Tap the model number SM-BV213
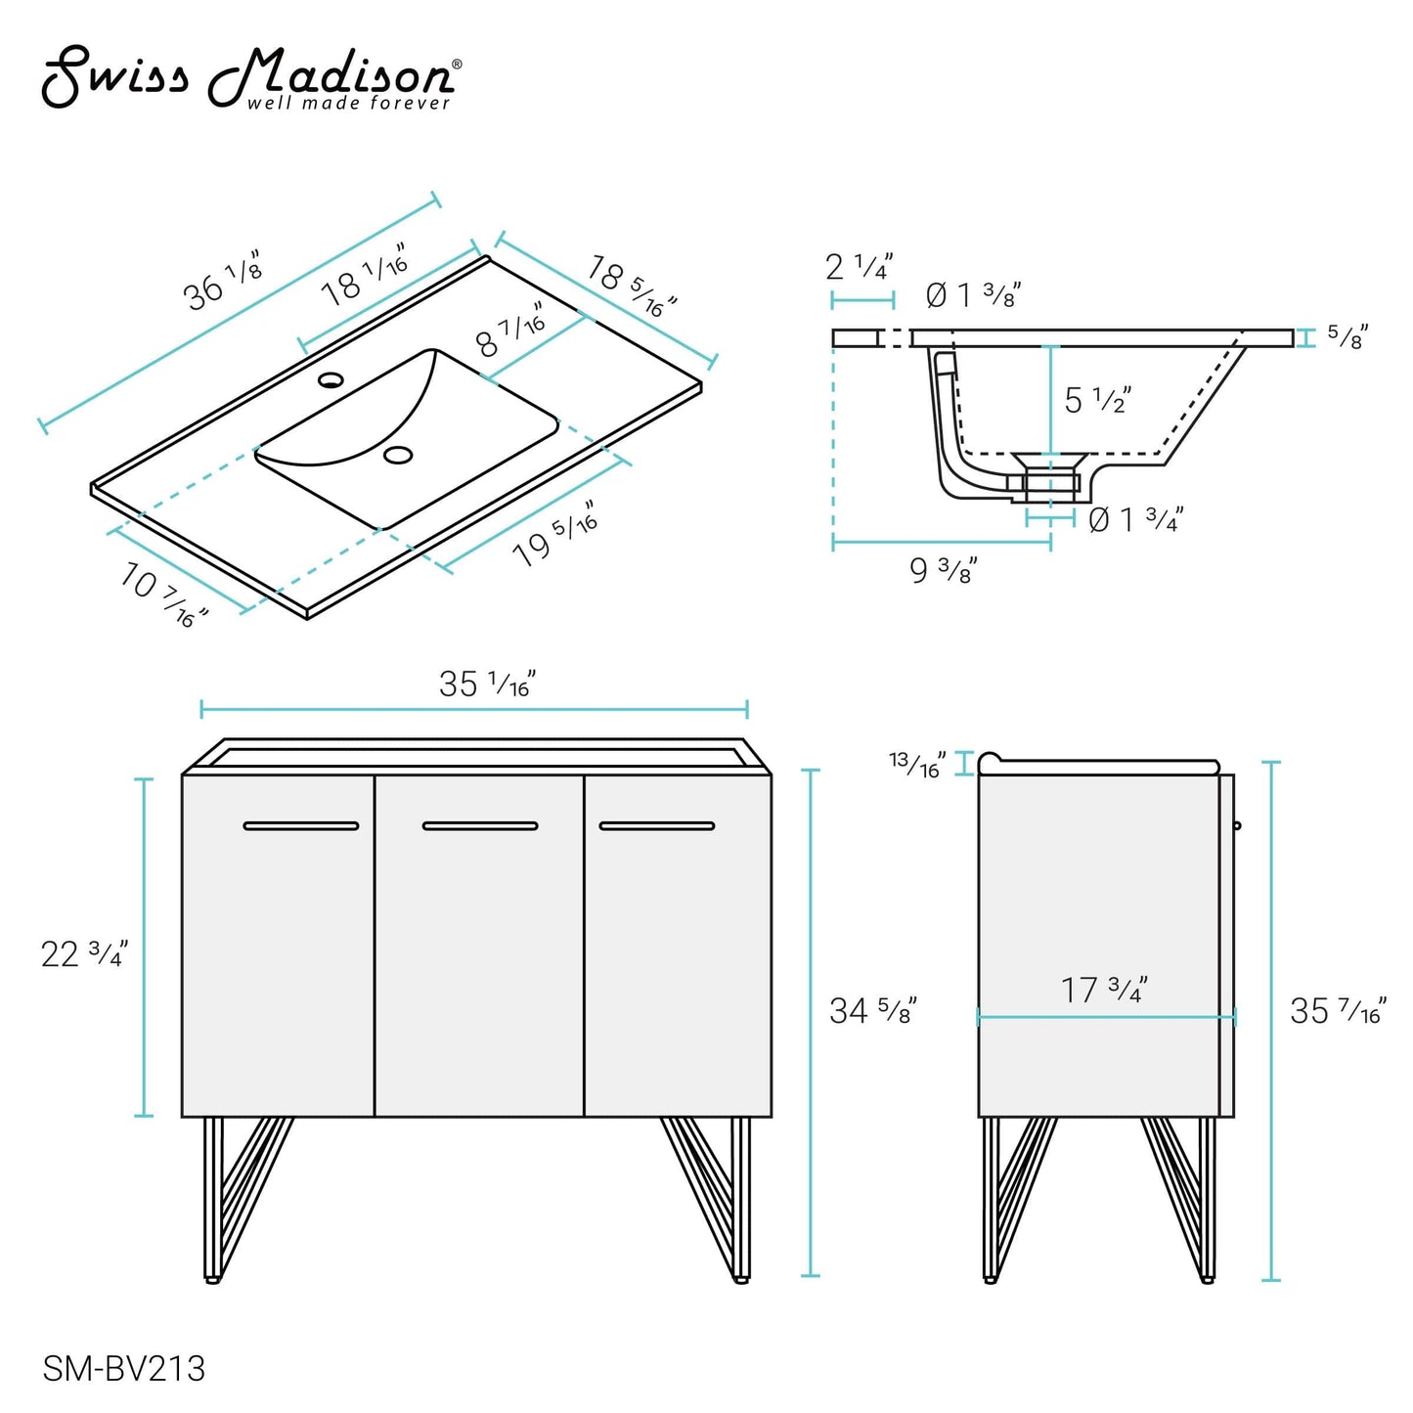[x=123, y=1368]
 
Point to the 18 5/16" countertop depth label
[x=632, y=286]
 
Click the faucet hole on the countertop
[x=331, y=378]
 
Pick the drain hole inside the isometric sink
[x=398, y=455]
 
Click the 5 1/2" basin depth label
[x=1097, y=400]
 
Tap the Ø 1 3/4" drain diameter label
[x=1135, y=519]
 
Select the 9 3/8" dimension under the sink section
[x=943, y=570]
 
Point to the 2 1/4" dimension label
[x=859, y=266]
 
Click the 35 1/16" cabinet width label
[x=487, y=684]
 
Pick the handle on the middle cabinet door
[x=480, y=826]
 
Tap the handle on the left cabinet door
[x=301, y=826]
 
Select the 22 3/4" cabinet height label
[x=84, y=953]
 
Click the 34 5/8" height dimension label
[x=872, y=1010]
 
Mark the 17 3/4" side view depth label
[x=1104, y=990]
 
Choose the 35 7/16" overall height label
[x=1337, y=1010]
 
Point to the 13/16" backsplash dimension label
[x=917, y=764]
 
